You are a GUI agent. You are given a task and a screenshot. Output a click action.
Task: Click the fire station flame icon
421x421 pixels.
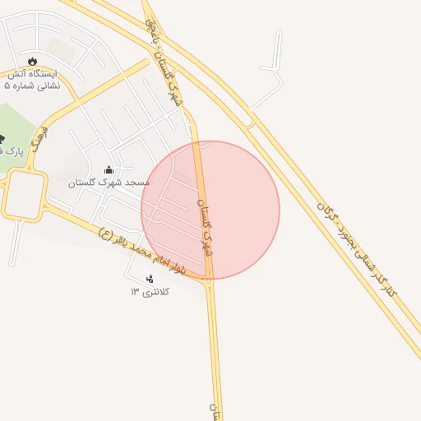click(x=32, y=62)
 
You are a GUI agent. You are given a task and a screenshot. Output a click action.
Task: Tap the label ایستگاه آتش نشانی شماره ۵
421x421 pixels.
click(x=33, y=79)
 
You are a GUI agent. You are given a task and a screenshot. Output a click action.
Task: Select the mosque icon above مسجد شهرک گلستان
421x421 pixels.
click(x=109, y=169)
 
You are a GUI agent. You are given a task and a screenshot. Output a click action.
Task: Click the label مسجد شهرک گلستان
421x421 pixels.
click(x=109, y=182)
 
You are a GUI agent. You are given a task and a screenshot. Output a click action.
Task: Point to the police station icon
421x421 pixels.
click(x=149, y=280)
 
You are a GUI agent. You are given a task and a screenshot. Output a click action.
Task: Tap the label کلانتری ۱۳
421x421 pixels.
click(x=149, y=292)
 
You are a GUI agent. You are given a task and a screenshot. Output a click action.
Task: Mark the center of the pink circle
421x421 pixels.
click(x=210, y=210)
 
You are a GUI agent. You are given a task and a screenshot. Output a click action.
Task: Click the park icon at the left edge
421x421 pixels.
click(x=2, y=138)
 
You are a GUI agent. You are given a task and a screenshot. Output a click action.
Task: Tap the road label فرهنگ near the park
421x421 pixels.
click(x=38, y=142)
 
